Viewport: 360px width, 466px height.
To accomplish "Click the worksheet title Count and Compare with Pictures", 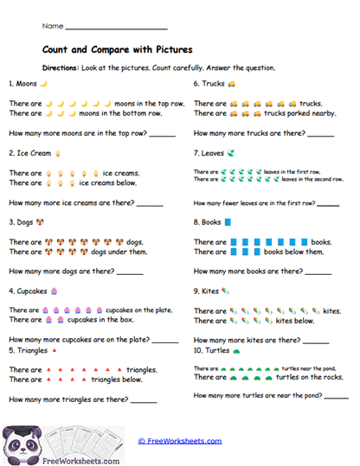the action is pyautogui.click(x=117, y=49).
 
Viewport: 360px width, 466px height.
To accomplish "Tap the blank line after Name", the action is pyautogui.click(x=116, y=29).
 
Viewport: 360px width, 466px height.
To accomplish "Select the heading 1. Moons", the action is pyautogui.click(x=23, y=84).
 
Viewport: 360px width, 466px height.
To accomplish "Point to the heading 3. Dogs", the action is pyautogui.click(x=22, y=221).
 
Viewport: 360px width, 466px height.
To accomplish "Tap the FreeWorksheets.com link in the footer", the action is pyautogui.click(x=179, y=441).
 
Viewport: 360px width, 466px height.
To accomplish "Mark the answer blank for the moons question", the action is pyautogui.click(x=162, y=135).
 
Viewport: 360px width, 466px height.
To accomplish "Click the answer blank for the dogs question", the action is pyautogui.click(x=130, y=272).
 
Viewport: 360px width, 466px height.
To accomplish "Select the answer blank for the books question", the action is pyautogui.click(x=319, y=272).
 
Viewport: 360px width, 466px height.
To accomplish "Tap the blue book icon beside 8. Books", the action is pyautogui.click(x=228, y=222).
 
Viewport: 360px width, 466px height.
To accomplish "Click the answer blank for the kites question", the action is pyautogui.click(x=317, y=342).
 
